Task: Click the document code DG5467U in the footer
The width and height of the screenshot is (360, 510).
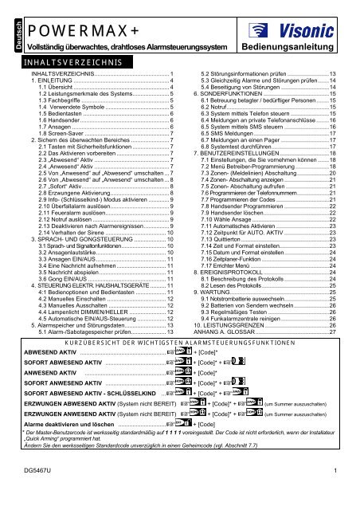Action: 33,496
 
